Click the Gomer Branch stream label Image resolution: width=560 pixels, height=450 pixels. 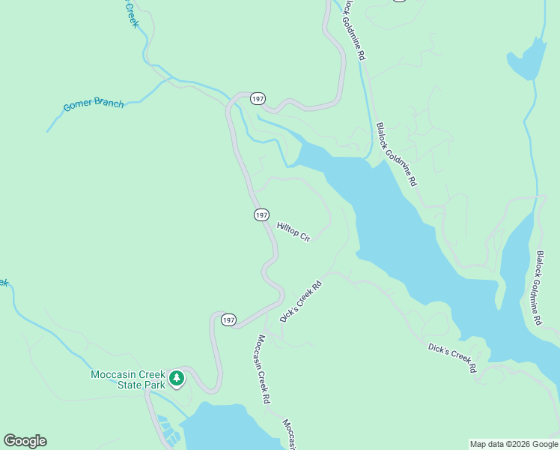93,103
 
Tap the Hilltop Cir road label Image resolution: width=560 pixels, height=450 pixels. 293,231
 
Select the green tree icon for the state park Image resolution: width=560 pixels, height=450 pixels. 177,378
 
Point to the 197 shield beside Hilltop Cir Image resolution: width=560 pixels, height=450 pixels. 261,215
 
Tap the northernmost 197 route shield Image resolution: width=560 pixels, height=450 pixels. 258,99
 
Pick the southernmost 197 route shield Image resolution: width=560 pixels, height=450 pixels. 229,320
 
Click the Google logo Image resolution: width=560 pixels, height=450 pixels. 25,441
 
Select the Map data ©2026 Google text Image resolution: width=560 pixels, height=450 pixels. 514,444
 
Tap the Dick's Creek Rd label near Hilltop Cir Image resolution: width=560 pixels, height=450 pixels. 301,301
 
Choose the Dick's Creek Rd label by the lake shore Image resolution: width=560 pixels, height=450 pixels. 452,357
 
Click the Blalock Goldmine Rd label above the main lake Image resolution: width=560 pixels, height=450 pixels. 397,154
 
